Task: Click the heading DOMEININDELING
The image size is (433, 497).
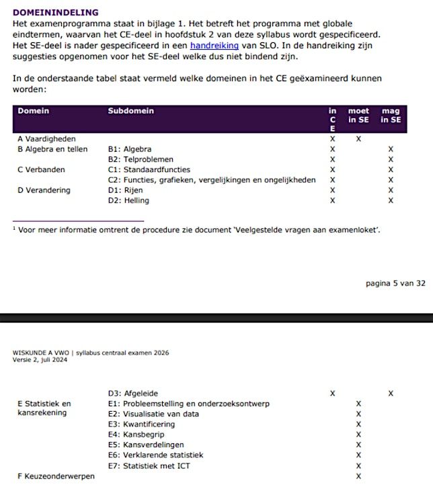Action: tap(56, 12)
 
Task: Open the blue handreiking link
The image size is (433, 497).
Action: tap(214, 45)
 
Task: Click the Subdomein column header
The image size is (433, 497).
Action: tap(130, 111)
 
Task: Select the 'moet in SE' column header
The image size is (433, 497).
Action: tap(358, 116)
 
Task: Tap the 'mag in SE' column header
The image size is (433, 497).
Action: tap(391, 116)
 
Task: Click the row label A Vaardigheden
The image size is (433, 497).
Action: tap(46, 139)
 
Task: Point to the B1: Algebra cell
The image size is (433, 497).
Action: tap(129, 149)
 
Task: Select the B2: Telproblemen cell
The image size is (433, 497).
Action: tap(141, 159)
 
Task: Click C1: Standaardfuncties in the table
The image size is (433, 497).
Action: tap(149, 170)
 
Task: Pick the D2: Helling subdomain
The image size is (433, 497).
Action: tap(128, 200)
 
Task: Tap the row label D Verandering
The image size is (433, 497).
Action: tap(44, 190)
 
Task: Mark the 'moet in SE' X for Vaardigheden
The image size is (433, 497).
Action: tap(358, 139)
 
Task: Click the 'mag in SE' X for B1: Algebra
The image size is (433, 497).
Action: tap(391, 149)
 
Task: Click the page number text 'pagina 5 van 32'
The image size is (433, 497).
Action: tap(395, 283)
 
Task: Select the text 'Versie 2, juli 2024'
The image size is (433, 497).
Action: tap(40, 360)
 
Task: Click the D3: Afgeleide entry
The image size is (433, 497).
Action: tap(133, 393)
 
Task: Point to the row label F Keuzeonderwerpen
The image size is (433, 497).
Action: tap(56, 476)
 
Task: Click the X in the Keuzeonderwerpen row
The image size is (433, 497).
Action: tap(358, 476)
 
